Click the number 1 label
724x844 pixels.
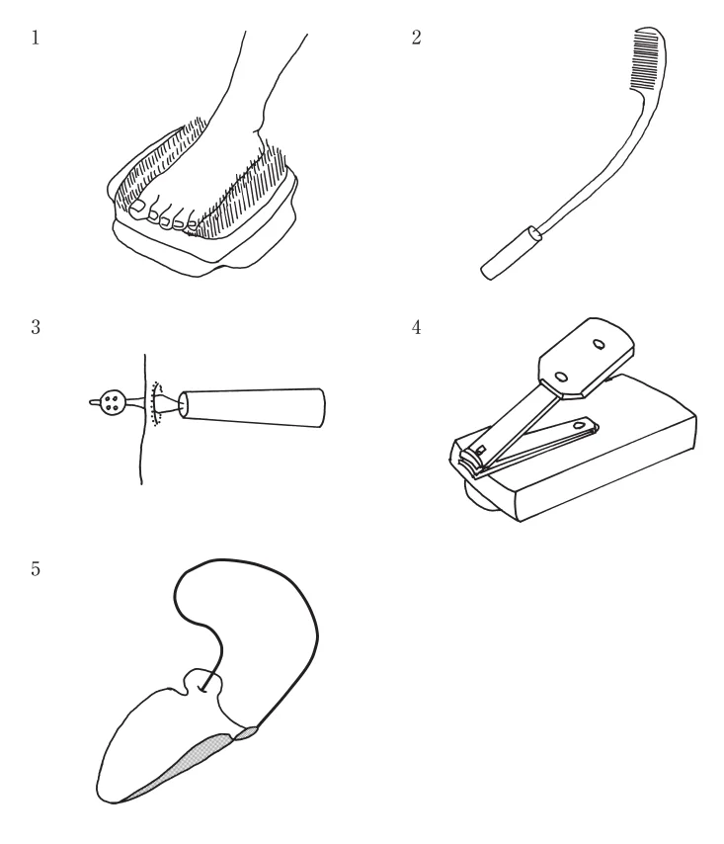[36, 39]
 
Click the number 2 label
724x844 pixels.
[416, 38]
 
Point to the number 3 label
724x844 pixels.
[36, 327]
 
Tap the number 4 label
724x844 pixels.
[416, 327]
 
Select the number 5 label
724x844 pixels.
[36, 569]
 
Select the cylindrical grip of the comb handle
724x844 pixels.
[510, 253]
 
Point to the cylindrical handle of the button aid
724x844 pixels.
[252, 407]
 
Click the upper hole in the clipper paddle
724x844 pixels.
[599, 344]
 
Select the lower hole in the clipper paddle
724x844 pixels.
[560, 377]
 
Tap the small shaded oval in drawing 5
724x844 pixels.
[246, 732]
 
